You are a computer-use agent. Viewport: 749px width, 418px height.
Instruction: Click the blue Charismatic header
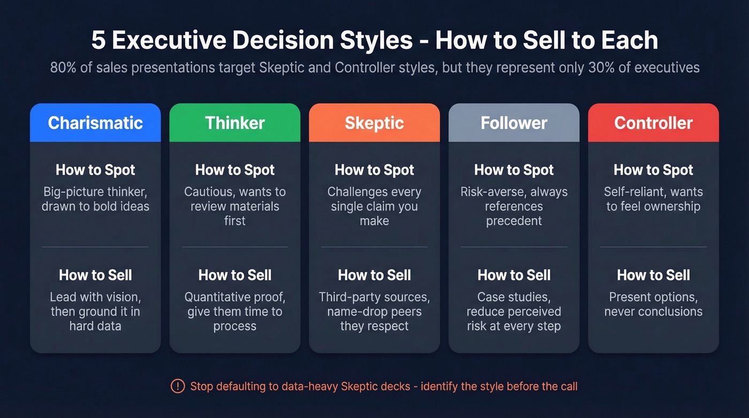pyautogui.click(x=95, y=123)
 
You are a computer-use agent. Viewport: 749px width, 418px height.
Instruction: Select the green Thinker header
pyautogui.click(x=235, y=123)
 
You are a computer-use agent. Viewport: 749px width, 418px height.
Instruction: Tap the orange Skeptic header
pyautogui.click(x=374, y=123)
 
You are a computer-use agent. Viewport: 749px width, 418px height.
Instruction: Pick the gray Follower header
pyautogui.click(x=514, y=123)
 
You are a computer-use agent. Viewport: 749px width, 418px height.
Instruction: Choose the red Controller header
pyautogui.click(x=653, y=123)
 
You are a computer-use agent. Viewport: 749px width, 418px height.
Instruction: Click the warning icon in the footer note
pyautogui.click(x=177, y=386)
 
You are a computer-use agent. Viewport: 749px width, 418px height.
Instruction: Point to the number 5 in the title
pyautogui.click(x=98, y=41)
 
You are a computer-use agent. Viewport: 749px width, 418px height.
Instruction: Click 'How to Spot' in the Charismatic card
pyautogui.click(x=95, y=170)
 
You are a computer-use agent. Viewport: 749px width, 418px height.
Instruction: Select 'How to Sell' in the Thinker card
pyautogui.click(x=235, y=275)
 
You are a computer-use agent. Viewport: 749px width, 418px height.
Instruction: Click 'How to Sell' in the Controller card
pyautogui.click(x=653, y=275)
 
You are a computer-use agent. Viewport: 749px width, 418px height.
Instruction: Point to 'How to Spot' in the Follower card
pyautogui.click(x=514, y=170)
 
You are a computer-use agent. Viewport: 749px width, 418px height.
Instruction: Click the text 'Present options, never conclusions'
pyautogui.click(x=653, y=304)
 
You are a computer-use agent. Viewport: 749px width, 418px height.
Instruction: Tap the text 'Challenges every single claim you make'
pyautogui.click(x=374, y=206)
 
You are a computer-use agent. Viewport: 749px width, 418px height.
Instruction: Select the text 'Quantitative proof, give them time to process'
pyautogui.click(x=235, y=311)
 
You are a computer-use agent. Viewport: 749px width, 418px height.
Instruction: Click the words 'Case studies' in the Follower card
pyautogui.click(x=514, y=297)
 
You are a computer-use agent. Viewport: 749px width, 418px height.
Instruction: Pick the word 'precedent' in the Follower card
pyautogui.click(x=514, y=221)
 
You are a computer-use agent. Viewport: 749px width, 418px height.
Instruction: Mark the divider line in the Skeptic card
pyautogui.click(x=374, y=247)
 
